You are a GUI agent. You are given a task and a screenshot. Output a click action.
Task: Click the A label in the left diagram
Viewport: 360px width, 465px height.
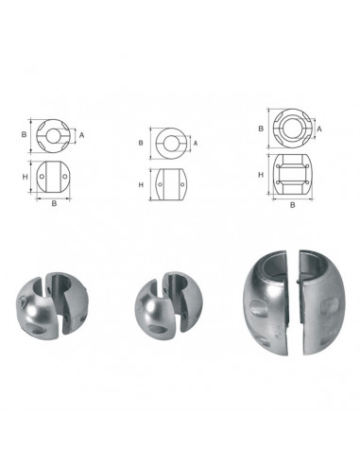tap(81, 135)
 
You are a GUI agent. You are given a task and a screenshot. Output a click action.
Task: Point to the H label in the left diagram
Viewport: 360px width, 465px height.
tap(25, 177)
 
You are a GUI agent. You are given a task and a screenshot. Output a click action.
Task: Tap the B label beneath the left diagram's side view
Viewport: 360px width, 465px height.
tap(54, 203)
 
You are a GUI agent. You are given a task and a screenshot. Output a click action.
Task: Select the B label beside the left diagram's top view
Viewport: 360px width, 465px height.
tap(24, 134)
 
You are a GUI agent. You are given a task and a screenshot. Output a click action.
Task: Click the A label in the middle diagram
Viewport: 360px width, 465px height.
tap(196, 144)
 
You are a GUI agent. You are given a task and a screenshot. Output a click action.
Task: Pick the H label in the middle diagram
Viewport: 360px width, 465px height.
tap(141, 184)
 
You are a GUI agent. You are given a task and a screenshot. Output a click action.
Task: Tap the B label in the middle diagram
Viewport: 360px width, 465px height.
tap(141, 143)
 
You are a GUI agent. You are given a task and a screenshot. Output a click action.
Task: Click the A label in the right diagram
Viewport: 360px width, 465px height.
tap(319, 129)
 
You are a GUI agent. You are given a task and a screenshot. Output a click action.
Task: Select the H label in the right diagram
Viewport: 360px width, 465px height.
tap(261, 175)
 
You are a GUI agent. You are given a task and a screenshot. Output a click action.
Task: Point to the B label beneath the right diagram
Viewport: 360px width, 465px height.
tap(293, 205)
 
